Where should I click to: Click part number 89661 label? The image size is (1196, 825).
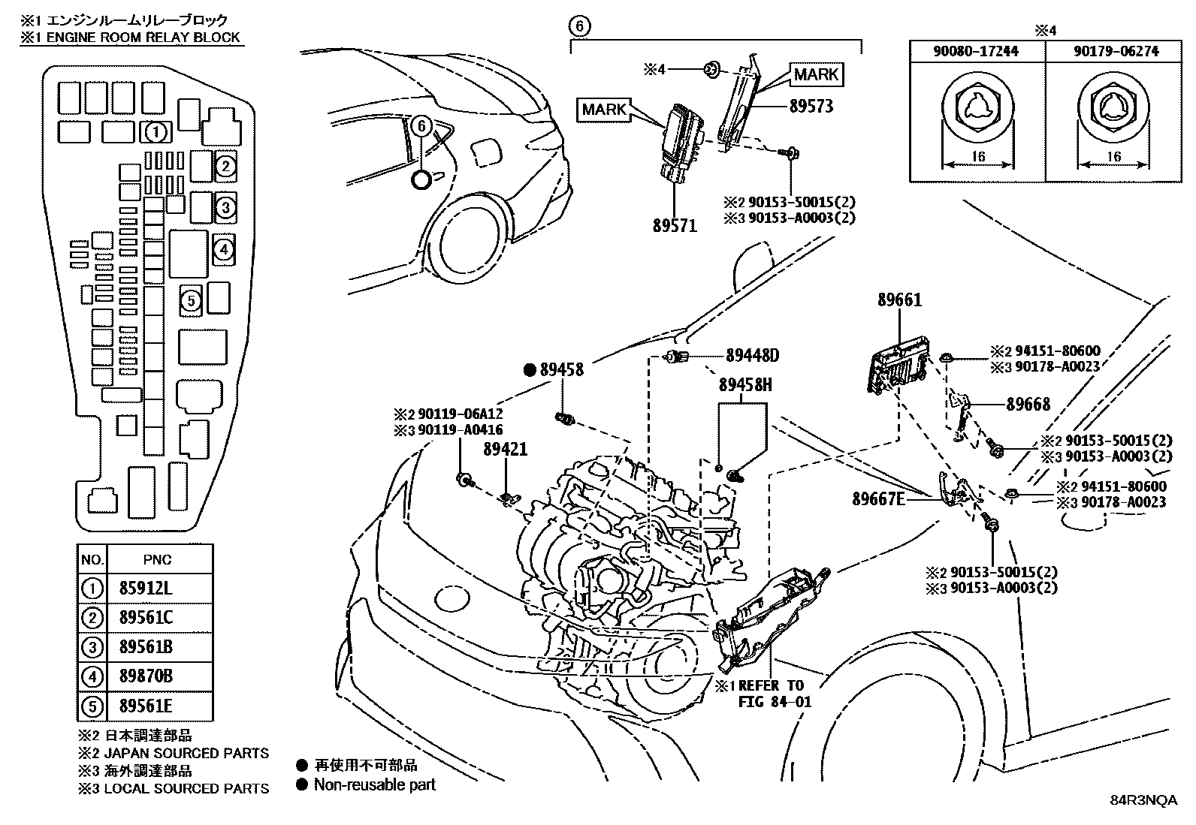899,300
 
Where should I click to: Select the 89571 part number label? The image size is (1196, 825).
674,224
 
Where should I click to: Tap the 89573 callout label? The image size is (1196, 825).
811,106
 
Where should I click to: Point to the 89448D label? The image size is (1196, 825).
753,355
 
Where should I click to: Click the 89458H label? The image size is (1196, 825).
745,385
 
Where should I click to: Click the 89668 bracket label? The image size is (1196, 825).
1028,404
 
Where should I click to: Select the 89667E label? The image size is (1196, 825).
879,498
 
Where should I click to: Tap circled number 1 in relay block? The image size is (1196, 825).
156,133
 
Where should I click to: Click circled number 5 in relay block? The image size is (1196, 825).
191,301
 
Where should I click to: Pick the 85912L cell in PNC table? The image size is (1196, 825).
146,588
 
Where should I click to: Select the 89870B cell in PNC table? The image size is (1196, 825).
146,676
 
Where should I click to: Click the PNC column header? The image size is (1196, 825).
157,559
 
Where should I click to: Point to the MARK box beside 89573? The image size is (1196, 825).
816,74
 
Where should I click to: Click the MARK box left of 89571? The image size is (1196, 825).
604,110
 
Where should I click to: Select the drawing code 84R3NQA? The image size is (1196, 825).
1144,800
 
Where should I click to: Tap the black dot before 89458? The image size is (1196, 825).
530,369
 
